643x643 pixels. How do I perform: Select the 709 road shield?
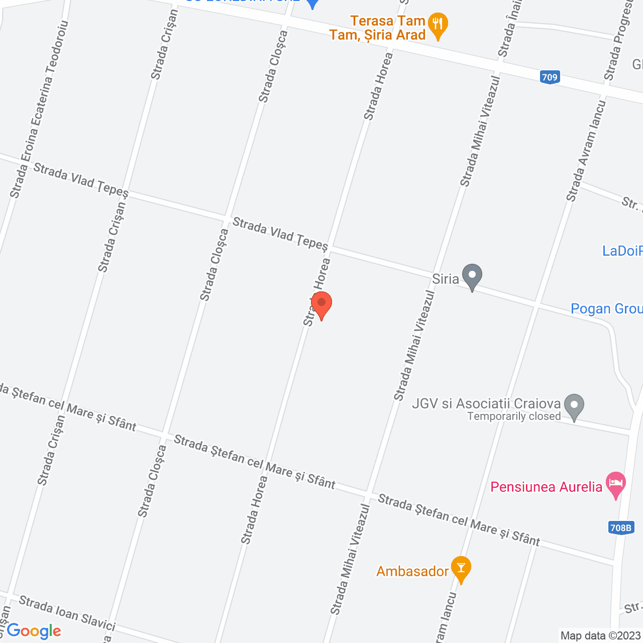[x=550, y=77]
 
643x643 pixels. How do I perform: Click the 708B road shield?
[x=621, y=527]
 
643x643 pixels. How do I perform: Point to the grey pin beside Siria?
[x=472, y=276]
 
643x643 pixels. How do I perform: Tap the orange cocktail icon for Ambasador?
[x=461, y=569]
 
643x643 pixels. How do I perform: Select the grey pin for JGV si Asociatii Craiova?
[x=574, y=406]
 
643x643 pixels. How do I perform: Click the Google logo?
[x=34, y=631]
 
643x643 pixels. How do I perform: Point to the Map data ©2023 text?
[x=601, y=635]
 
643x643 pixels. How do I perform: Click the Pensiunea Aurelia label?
[x=546, y=487]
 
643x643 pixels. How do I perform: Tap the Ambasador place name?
[x=412, y=571]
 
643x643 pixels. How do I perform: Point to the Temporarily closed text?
[x=514, y=416]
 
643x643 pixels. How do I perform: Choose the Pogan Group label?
[x=606, y=308]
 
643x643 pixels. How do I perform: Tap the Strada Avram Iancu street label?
[x=587, y=151]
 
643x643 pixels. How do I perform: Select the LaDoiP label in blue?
[x=622, y=251]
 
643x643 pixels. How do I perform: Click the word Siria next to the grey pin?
[x=446, y=279]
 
